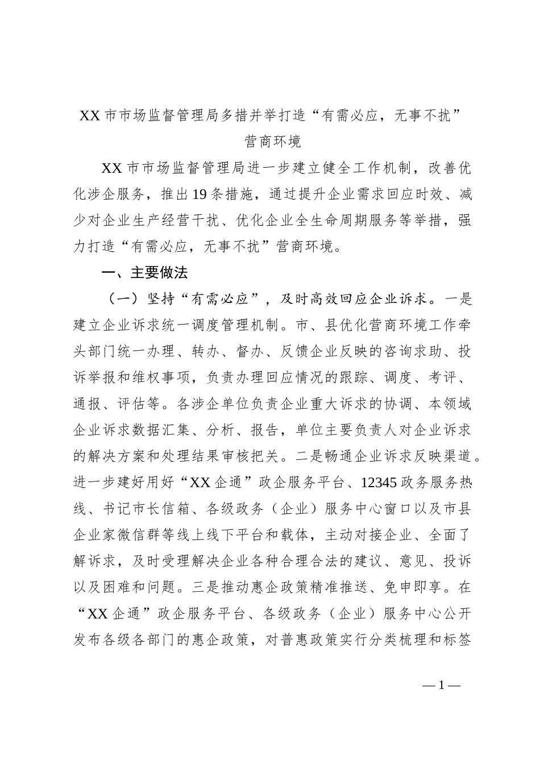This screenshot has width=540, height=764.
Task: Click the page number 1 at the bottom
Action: [x=441, y=684]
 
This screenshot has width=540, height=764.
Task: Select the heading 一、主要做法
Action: [x=144, y=273]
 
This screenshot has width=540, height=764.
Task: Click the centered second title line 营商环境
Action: [x=273, y=142]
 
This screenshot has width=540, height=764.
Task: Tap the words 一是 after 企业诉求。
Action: [x=459, y=299]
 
